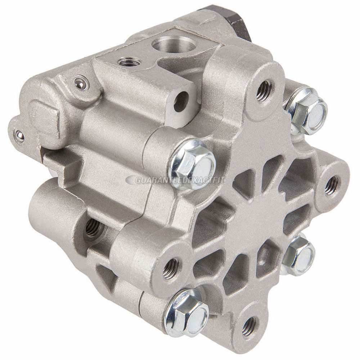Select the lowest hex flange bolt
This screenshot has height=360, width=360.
(x=186, y=312)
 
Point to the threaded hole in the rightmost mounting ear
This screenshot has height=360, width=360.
(x=331, y=185)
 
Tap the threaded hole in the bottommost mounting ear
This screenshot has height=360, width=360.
(x=249, y=326)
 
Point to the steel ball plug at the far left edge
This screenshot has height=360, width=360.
(x=18, y=135)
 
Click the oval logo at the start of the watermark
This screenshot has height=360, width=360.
(x=130, y=179)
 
